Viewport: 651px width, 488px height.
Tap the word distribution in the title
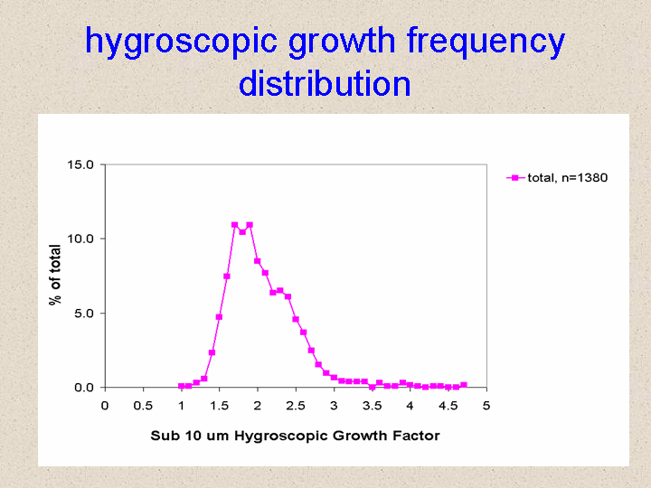[325, 83]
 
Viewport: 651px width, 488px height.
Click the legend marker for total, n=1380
[515, 178]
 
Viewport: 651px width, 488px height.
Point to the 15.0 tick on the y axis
[80, 164]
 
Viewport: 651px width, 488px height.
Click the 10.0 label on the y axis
[80, 239]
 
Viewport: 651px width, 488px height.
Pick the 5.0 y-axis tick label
[84, 314]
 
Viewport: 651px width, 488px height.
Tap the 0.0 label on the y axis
[84, 388]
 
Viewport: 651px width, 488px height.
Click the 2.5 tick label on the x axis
[296, 406]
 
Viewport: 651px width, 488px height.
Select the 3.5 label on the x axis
[372, 406]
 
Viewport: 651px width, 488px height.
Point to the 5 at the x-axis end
[486, 406]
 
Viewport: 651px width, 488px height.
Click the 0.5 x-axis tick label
[143, 406]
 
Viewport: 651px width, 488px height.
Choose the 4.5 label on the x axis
[448, 406]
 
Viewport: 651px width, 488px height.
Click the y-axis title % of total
[55, 275]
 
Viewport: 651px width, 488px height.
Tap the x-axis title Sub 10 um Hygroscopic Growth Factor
[295, 436]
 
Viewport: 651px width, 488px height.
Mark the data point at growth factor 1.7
[234, 225]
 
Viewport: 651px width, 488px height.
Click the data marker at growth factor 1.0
[181, 386]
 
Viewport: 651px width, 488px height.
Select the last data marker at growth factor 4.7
[464, 385]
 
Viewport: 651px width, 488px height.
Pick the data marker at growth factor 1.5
[219, 317]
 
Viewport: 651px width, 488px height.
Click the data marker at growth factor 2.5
[296, 319]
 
